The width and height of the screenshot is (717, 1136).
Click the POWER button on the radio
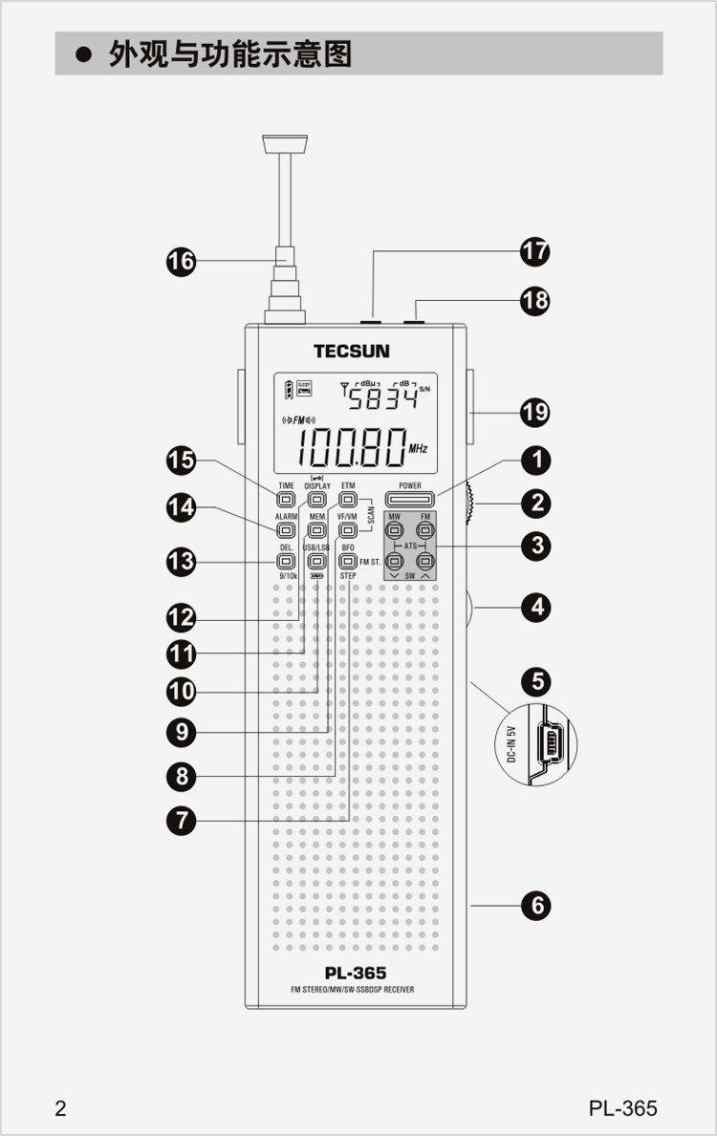point(410,499)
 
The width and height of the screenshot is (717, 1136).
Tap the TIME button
point(285,499)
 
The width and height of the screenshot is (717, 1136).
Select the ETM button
point(348,499)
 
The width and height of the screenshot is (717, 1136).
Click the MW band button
point(395,529)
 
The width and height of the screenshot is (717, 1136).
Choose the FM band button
point(425,529)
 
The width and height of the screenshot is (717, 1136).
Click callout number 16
point(182,261)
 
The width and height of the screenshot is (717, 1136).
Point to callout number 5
point(537,681)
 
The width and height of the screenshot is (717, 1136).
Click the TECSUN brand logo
point(352,351)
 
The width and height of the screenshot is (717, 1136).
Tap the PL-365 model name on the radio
point(355,974)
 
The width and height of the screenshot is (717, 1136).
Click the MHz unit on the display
point(418,447)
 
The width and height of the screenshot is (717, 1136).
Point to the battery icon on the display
point(288,390)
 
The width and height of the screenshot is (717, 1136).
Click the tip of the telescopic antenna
point(286,144)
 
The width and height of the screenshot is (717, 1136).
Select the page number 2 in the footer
point(61,1108)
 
